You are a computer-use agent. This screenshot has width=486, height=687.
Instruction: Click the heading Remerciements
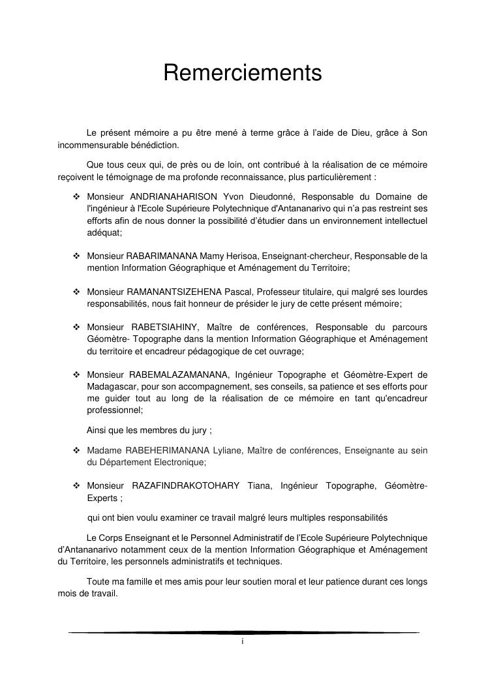(x=243, y=73)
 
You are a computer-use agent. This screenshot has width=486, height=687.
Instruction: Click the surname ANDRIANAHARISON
(x=174, y=196)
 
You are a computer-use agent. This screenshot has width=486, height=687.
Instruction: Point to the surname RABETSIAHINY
(x=166, y=327)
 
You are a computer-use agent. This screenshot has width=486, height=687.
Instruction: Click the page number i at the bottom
(x=242, y=642)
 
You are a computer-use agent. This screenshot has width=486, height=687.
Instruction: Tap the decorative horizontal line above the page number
(x=243, y=632)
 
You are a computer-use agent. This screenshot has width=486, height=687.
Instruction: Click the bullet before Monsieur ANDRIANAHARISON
(x=76, y=196)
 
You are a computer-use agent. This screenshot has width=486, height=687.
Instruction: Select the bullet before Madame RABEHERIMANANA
(x=76, y=450)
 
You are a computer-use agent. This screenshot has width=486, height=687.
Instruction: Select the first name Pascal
(x=239, y=292)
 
